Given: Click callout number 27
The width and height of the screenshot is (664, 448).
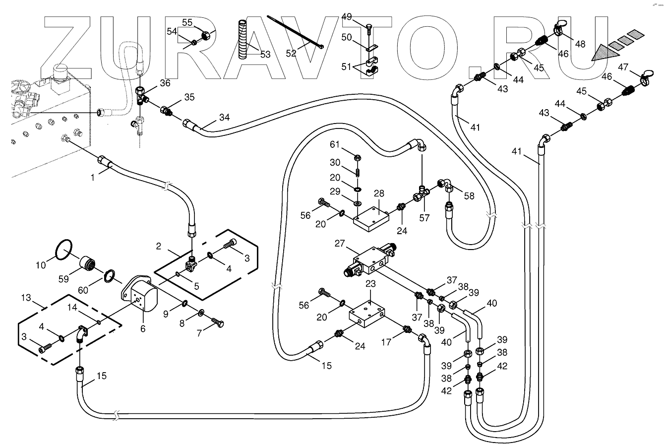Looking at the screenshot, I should (339, 244).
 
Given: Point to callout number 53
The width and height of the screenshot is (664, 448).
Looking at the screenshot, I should (265, 55).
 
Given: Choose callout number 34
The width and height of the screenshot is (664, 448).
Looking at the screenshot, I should (225, 118).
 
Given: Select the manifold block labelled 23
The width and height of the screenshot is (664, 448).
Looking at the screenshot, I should (367, 316).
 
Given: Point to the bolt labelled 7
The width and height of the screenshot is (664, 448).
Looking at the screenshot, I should (217, 323).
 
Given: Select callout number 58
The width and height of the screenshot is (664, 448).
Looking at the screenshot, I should (469, 196).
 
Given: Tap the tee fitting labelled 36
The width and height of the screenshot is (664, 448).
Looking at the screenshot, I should (141, 94).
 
